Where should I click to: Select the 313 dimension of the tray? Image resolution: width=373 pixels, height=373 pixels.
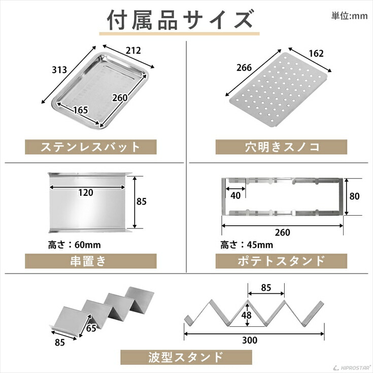(x=59, y=70)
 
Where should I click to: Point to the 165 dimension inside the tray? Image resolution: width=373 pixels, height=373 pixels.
(x=80, y=110)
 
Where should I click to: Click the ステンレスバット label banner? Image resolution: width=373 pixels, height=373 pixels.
(x=90, y=147)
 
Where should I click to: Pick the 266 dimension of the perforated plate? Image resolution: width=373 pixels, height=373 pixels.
(x=244, y=66)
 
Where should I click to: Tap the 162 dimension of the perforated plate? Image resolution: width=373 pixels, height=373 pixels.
(x=316, y=53)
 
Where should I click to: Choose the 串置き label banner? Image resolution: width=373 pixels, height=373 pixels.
(x=90, y=261)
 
